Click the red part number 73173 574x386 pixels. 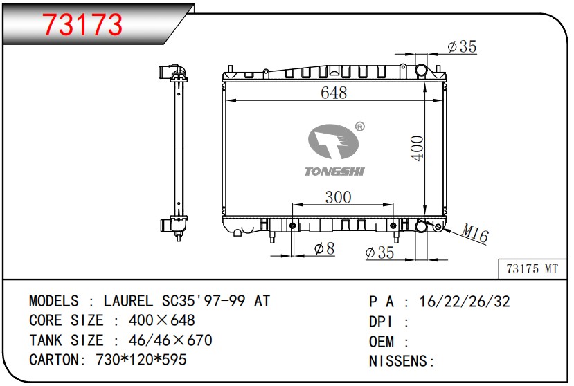click(x=83, y=24)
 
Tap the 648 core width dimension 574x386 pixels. click(x=334, y=93)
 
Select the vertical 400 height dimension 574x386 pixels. click(x=418, y=148)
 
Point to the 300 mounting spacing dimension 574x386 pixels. click(x=339, y=197)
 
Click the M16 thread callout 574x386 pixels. click(x=475, y=232)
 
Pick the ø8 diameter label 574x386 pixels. click(x=324, y=249)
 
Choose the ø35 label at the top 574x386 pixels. click(x=462, y=46)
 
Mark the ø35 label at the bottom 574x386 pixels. click(x=379, y=252)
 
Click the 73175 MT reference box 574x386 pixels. click(x=532, y=269)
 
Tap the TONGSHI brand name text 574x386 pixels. click(x=334, y=172)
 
